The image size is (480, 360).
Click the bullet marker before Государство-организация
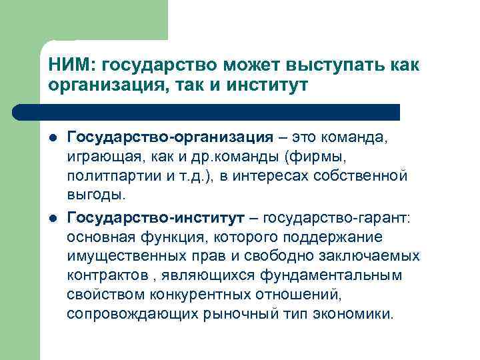[53, 138]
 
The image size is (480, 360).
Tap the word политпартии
[105, 177]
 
